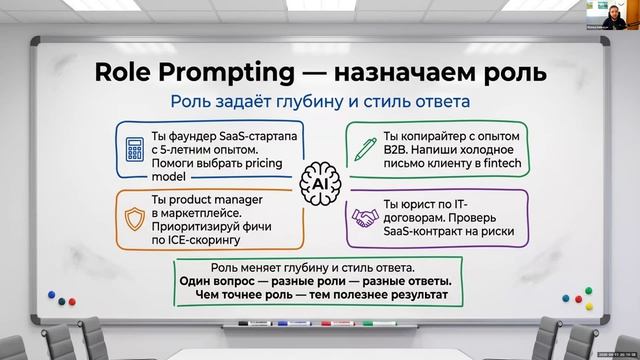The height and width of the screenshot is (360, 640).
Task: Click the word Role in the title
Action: (123, 72)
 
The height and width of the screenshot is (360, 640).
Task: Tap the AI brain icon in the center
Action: (320, 185)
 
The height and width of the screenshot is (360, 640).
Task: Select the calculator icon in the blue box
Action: (134, 150)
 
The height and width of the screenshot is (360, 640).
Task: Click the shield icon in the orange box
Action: (134, 219)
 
